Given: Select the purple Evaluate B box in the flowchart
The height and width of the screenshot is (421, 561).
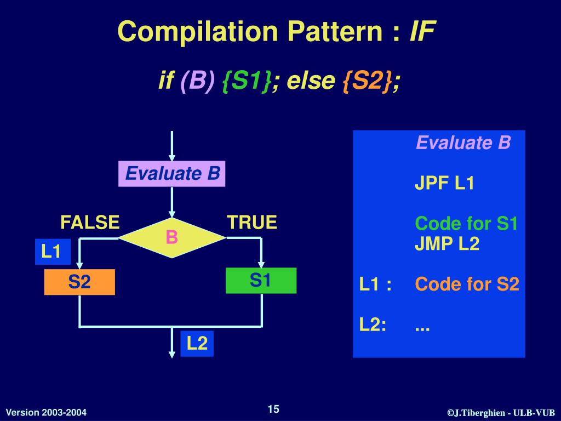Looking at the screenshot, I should [x=172, y=174].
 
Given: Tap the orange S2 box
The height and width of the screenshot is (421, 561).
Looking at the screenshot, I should [x=79, y=282].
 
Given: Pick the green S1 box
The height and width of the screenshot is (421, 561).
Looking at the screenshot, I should [x=261, y=281].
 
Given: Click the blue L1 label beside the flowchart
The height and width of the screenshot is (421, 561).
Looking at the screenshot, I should [x=52, y=252].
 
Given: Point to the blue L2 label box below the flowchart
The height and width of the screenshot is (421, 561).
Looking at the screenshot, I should [x=197, y=344].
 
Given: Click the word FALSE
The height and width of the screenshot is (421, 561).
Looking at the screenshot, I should [x=90, y=223].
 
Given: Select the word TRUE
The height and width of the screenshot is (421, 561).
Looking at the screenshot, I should [x=252, y=223].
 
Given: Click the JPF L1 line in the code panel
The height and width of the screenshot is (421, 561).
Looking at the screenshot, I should [x=444, y=183].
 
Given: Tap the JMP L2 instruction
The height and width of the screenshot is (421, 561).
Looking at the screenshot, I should [x=446, y=243].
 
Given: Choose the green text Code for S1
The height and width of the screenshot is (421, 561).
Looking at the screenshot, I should [x=466, y=224].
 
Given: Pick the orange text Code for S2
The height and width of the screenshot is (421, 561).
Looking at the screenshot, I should [x=467, y=285].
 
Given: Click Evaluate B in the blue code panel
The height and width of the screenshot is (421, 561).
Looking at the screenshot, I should [x=463, y=143].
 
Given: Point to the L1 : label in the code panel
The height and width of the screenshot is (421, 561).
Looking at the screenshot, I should [x=375, y=285].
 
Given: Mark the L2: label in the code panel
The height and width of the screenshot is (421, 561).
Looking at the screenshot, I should [x=373, y=325].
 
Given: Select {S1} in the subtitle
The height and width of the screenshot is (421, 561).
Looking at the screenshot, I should [x=246, y=81].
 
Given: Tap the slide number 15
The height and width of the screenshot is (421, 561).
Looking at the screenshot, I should [x=273, y=409].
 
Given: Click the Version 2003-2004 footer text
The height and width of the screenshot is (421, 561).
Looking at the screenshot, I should [x=46, y=412].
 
